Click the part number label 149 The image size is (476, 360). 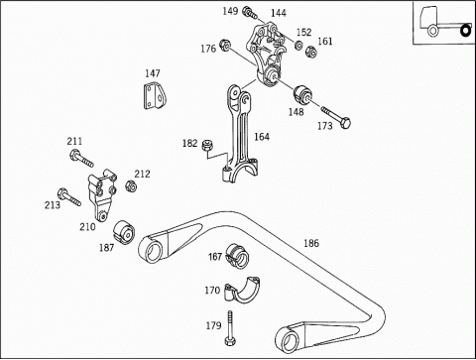coord(230,11)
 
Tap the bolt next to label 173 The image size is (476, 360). coord(336,117)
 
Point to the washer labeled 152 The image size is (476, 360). coord(298,45)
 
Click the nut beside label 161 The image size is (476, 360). coord(310,52)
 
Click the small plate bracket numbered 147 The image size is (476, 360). coord(155,96)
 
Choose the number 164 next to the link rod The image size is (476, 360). coord(262,137)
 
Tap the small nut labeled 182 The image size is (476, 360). coord(207,145)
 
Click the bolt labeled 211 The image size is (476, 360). coord(81,159)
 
